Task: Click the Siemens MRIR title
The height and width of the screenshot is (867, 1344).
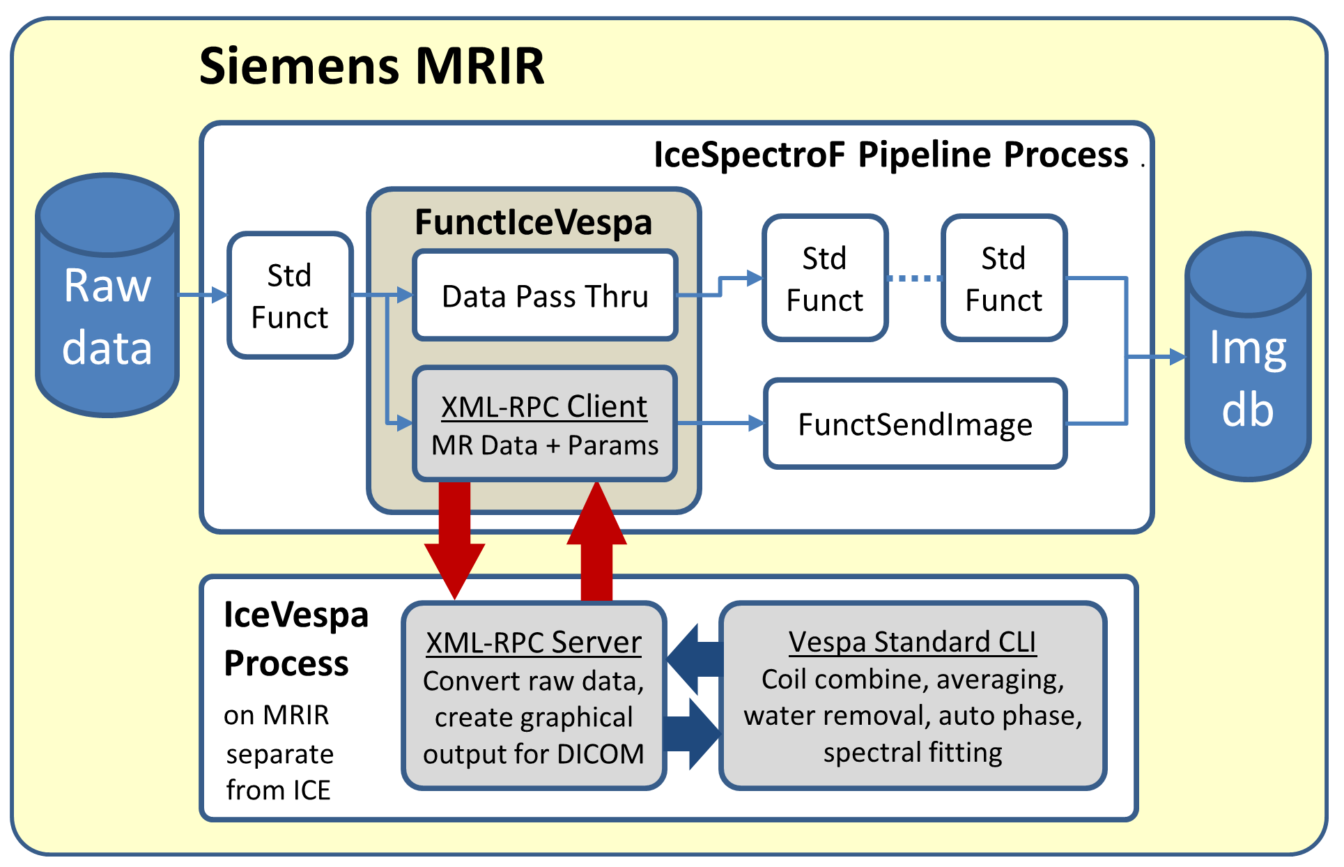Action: (371, 66)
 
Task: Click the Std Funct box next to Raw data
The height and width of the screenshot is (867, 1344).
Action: (290, 296)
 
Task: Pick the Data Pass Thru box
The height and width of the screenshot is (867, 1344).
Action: (545, 296)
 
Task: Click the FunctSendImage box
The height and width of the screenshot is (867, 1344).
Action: (915, 424)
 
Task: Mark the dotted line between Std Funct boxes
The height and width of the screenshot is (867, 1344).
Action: (915, 278)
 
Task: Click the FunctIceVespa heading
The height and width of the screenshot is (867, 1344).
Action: (533, 223)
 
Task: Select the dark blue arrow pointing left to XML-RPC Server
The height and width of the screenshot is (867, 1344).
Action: (693, 659)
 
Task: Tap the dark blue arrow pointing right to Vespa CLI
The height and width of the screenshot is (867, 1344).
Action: (693, 734)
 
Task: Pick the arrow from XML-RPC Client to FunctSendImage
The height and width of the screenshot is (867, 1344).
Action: (721, 423)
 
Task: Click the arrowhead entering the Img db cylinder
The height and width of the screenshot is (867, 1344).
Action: (1177, 357)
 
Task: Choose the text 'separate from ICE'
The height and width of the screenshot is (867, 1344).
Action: (279, 772)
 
